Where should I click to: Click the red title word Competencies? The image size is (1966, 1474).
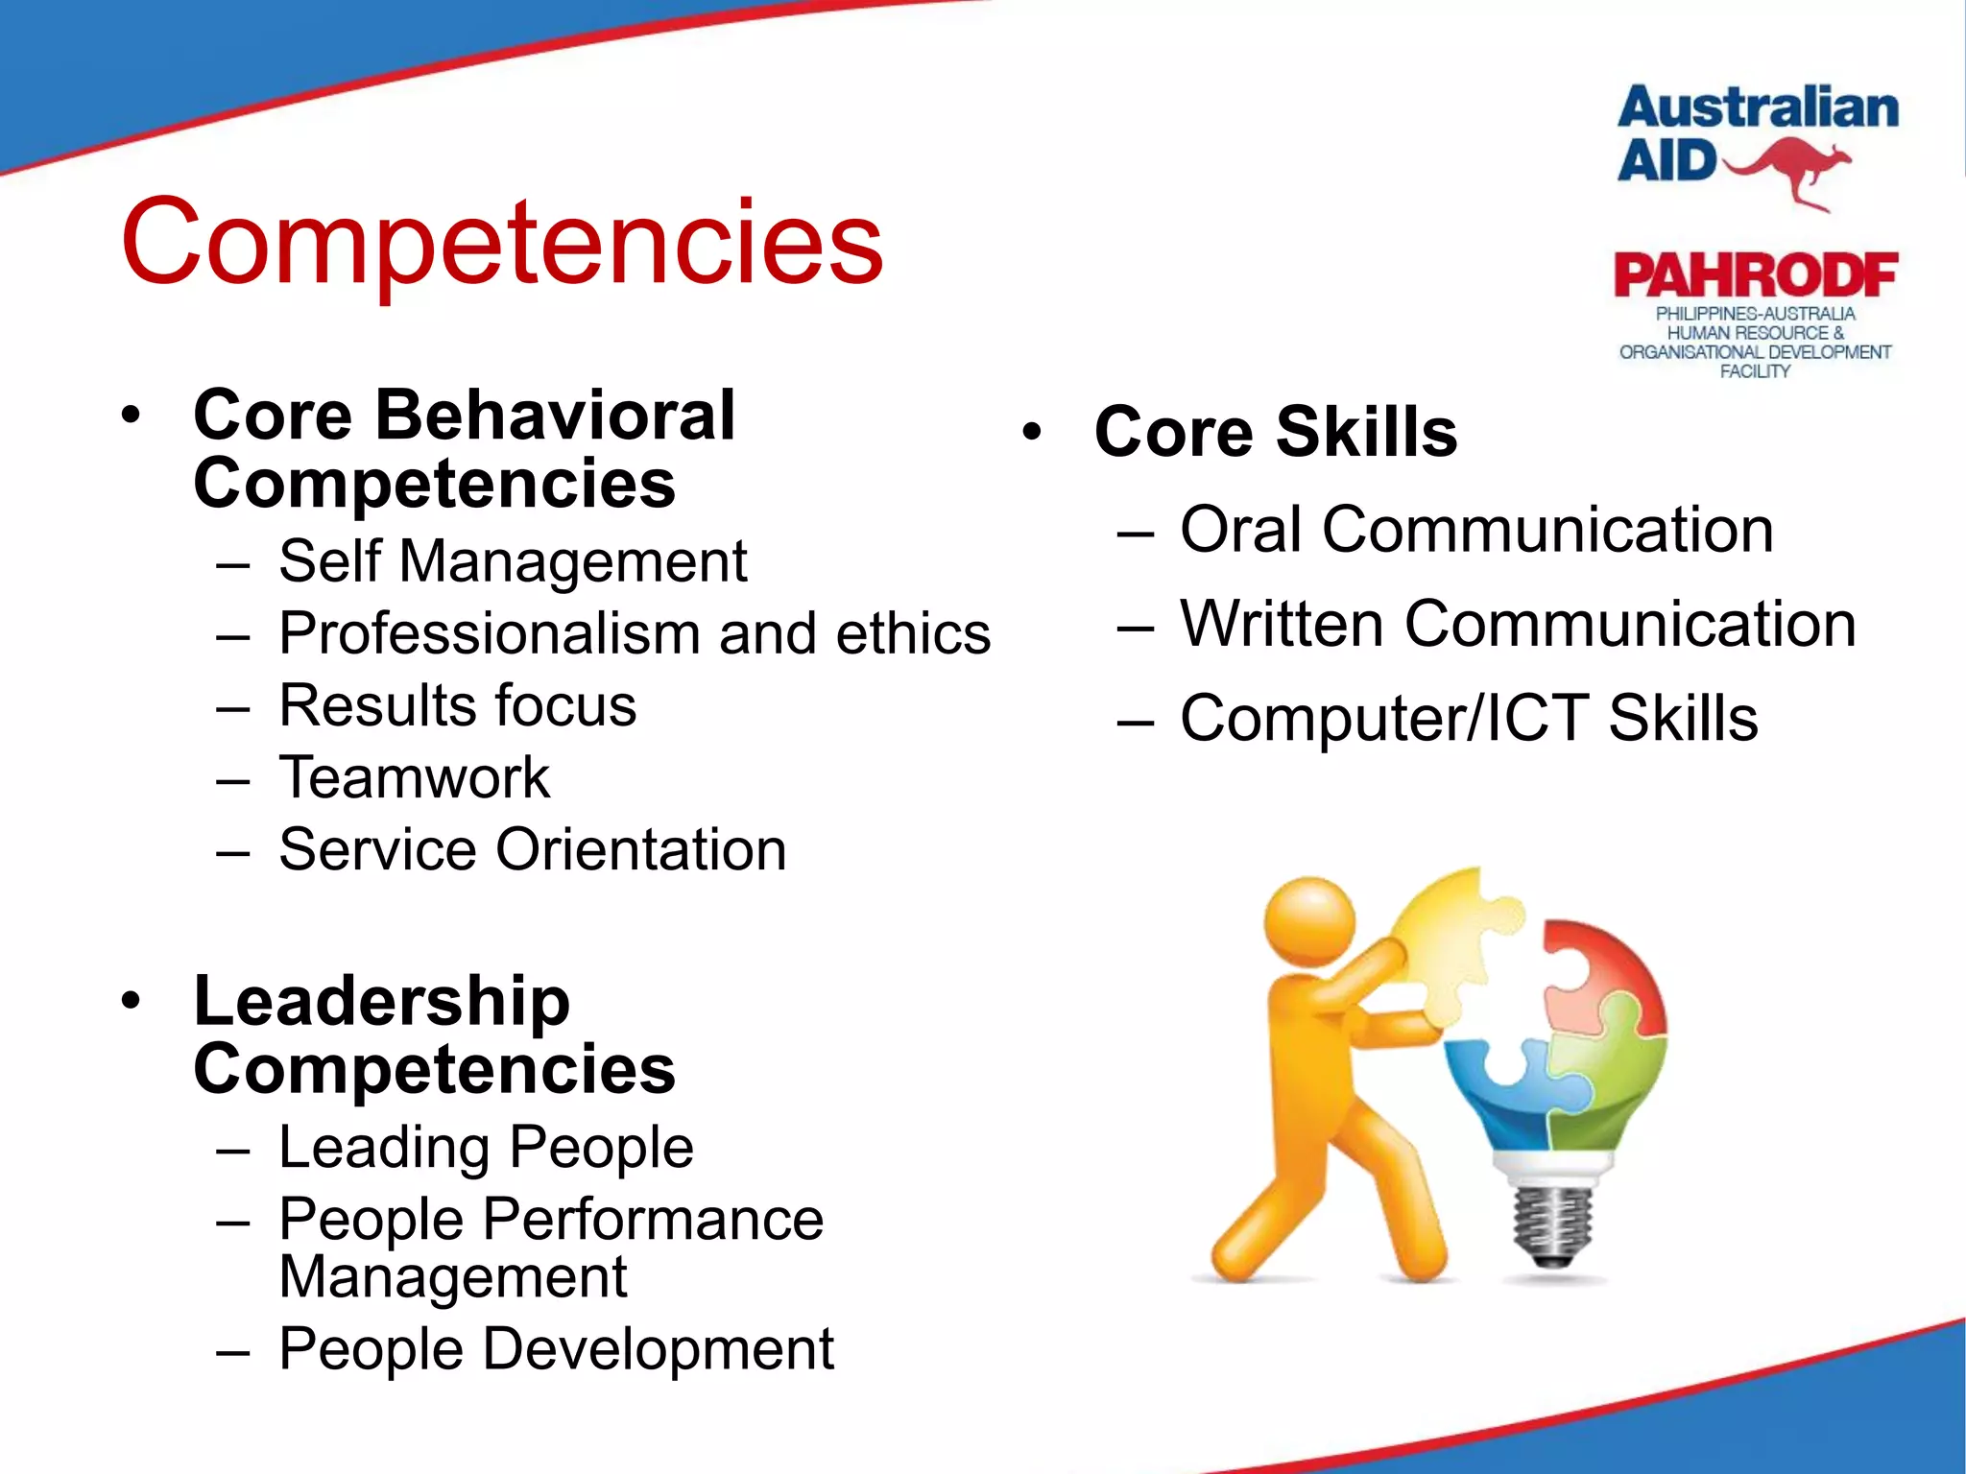click(501, 242)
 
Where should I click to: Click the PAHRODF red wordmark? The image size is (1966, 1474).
click(1755, 276)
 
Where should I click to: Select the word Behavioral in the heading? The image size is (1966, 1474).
click(554, 416)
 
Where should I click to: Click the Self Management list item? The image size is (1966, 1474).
click(512, 561)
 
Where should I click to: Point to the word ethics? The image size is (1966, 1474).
click(912, 634)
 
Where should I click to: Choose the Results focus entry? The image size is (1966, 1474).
click(457, 706)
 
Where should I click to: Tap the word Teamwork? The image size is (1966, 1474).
click(414, 777)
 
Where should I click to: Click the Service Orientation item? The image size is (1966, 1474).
click(532, 850)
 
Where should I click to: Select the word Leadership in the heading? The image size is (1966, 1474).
click(381, 1001)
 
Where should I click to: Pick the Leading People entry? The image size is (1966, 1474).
click(486, 1148)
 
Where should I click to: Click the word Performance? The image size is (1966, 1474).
click(652, 1220)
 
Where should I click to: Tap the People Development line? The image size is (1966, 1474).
click(556, 1349)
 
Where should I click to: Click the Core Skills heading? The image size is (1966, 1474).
click(1275, 432)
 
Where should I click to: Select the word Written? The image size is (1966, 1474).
click(1282, 625)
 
